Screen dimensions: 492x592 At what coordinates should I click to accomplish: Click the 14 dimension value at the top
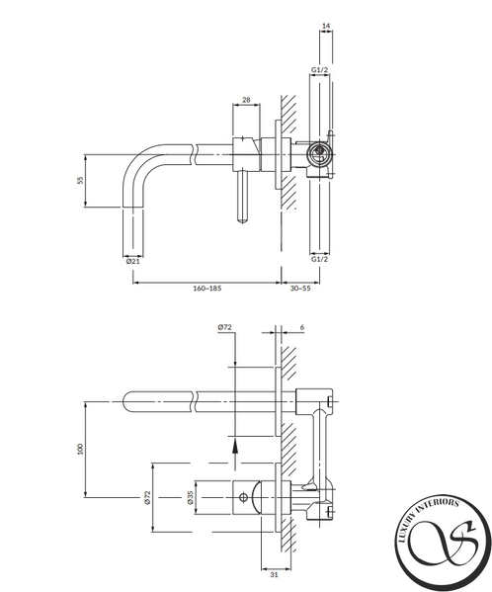click(326, 26)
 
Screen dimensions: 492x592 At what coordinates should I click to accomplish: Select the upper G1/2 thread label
click(319, 70)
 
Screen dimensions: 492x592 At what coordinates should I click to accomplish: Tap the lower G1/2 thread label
click(319, 259)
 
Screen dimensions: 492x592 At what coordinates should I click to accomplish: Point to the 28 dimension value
click(246, 100)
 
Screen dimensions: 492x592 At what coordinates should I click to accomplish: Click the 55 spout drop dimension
click(80, 180)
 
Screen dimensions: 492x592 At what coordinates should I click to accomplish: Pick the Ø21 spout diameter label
click(132, 261)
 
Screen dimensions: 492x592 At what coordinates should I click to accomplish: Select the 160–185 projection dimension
click(207, 289)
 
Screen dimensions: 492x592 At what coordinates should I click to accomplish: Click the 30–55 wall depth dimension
click(300, 289)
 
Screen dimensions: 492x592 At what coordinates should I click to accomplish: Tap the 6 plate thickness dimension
click(302, 327)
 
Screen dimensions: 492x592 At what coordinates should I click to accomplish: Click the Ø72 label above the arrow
click(224, 327)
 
